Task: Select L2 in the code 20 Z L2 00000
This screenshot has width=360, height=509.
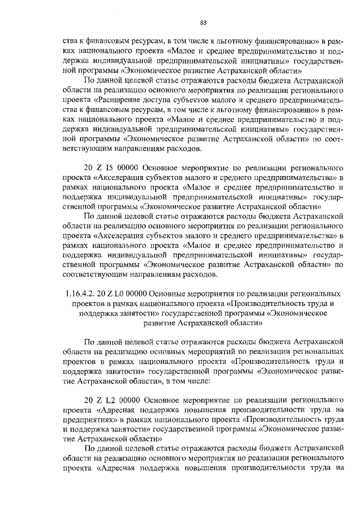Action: click(107, 400)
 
